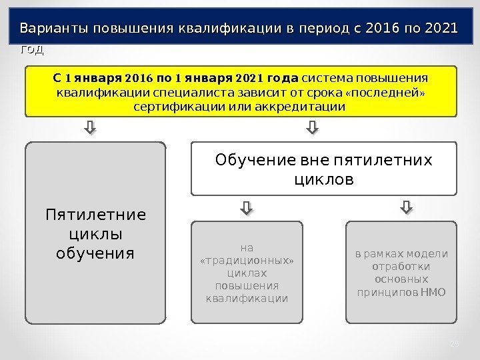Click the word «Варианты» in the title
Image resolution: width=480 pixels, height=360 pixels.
click(x=55, y=29)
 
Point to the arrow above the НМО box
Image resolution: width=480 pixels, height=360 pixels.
click(x=407, y=209)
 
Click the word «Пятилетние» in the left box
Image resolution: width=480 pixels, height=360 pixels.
click(x=96, y=216)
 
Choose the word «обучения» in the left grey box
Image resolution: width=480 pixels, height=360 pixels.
click(x=96, y=253)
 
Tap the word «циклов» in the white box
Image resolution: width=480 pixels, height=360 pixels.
click(x=324, y=180)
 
